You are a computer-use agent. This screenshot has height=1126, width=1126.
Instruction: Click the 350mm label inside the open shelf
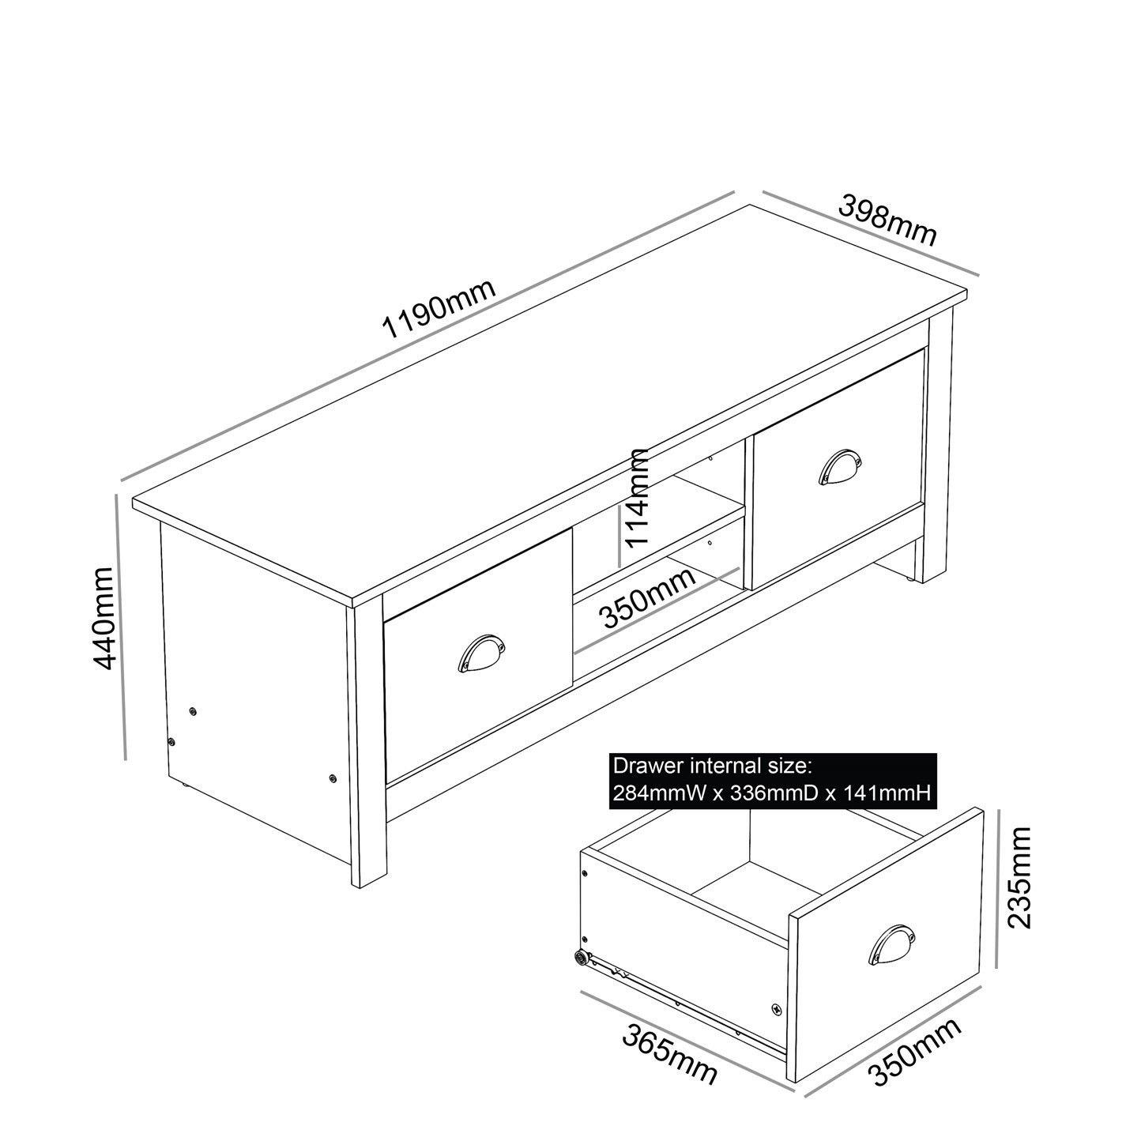pos(649,597)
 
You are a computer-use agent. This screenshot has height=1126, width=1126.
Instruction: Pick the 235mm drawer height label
pos(1019,877)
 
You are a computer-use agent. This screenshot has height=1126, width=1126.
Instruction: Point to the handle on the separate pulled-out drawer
pos(893,944)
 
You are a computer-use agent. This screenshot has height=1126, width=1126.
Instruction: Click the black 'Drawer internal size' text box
pos(774,780)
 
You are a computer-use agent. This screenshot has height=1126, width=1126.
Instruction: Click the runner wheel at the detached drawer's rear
pos(582,958)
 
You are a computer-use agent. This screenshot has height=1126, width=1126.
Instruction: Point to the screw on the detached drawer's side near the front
pos(775,1009)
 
